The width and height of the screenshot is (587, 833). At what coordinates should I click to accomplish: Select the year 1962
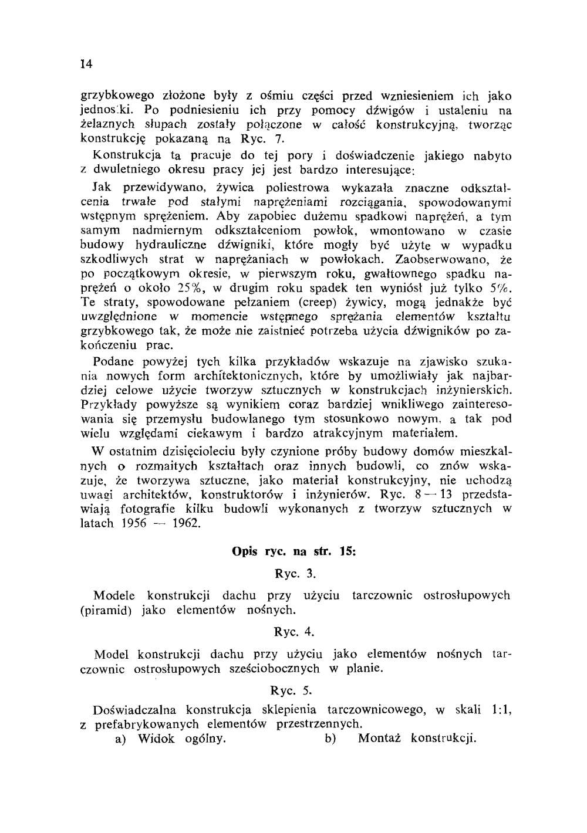pos(186,523)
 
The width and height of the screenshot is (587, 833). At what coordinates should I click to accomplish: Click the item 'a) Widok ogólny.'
pos(171,739)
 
